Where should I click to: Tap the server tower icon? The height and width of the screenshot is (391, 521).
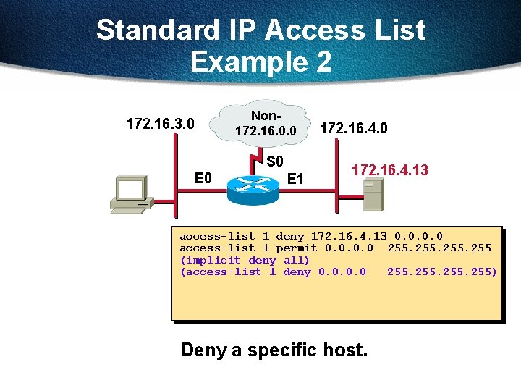373,194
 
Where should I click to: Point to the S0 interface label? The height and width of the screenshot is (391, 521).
276,161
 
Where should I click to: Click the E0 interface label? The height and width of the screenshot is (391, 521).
203,177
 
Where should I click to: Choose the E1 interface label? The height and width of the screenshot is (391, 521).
295,178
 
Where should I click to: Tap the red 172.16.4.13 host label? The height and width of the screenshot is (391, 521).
389,170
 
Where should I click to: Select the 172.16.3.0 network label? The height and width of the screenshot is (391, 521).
160,124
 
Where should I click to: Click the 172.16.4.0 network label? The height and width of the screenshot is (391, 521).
354,128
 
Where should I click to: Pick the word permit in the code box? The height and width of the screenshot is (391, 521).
296,248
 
